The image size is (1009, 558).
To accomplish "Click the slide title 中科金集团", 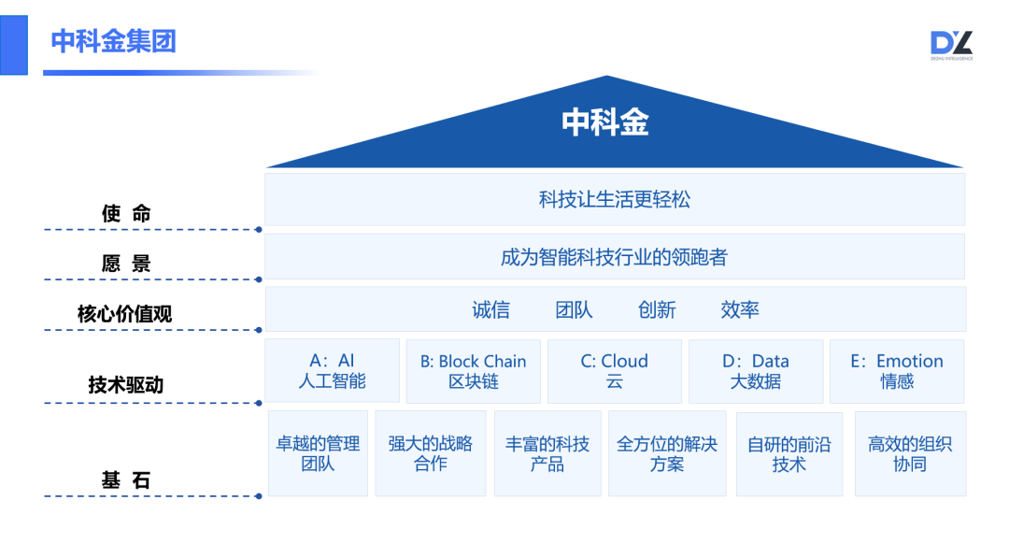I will (x=113, y=41).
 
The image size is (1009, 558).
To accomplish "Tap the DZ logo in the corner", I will (x=951, y=45).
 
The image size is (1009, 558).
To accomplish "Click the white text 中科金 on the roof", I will (x=605, y=122).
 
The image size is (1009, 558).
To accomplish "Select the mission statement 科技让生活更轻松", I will (x=614, y=199).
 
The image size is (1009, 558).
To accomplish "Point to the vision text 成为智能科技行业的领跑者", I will (x=614, y=257).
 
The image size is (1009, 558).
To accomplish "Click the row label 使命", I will (x=126, y=214).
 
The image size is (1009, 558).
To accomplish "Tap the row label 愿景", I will (x=126, y=265).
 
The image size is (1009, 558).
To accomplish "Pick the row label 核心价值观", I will (x=124, y=315).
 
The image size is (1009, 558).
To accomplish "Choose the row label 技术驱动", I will (x=126, y=385).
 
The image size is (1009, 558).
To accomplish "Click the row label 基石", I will (x=126, y=481).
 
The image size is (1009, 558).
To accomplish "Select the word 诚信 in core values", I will (x=491, y=310).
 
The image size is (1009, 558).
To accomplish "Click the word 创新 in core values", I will (x=657, y=310).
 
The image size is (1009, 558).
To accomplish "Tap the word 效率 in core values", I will (x=740, y=310).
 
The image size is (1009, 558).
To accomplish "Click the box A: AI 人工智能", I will (x=332, y=371).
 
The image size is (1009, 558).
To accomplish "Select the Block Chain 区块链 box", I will (x=473, y=371).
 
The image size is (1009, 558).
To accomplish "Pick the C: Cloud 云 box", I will (x=614, y=371).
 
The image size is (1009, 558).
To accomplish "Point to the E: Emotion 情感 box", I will (x=897, y=371).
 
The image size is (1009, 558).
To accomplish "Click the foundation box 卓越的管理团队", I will (x=318, y=453).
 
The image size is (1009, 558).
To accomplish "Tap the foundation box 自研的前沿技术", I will (x=789, y=454).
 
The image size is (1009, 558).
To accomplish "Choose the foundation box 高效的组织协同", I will (x=910, y=453).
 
